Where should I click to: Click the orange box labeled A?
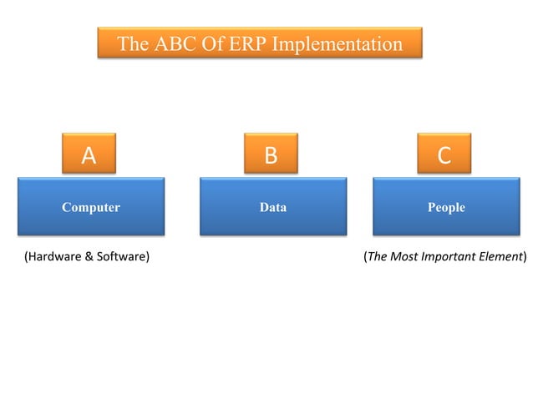click(89, 154)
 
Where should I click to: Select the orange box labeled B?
click(270, 154)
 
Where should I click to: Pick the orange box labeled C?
click(444, 154)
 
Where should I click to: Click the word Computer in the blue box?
click(91, 207)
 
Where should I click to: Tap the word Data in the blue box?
click(273, 207)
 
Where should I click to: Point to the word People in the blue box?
click(446, 207)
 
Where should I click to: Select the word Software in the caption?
click(120, 257)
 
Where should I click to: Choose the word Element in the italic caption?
click(499, 257)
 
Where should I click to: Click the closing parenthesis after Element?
click(525, 257)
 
